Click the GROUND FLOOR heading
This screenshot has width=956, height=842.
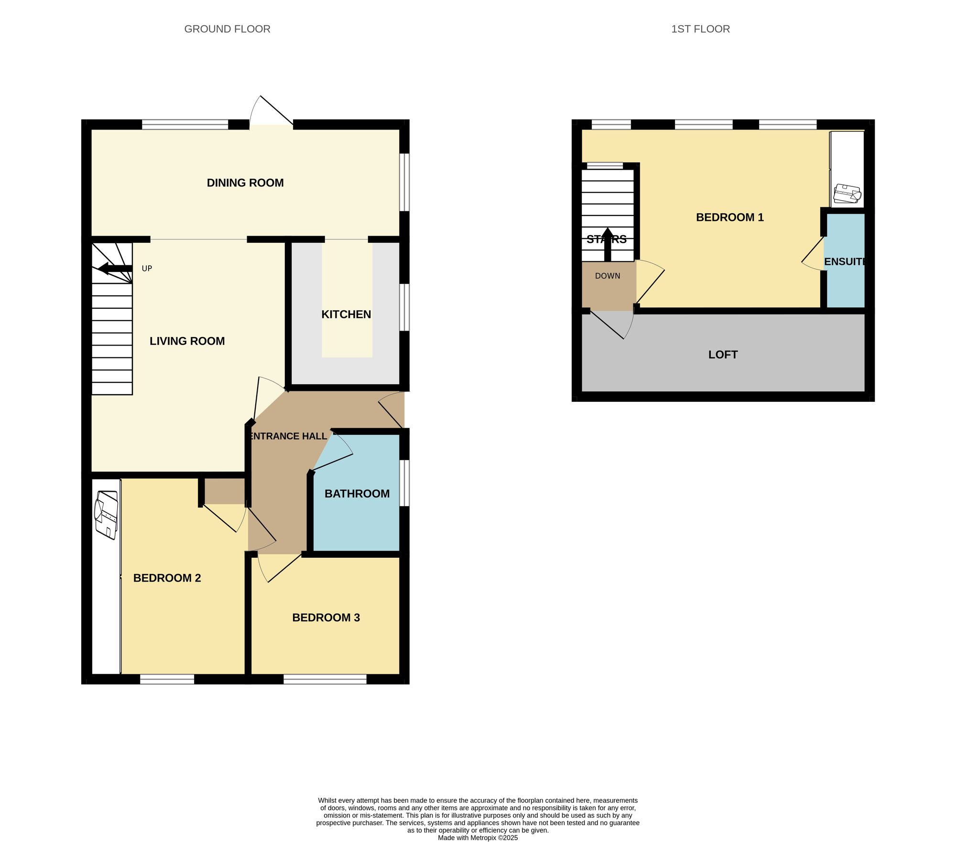[x=227, y=29]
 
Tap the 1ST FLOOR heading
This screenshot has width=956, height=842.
[x=700, y=29]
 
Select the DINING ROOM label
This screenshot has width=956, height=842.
[x=245, y=183]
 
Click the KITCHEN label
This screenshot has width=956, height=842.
[x=346, y=314]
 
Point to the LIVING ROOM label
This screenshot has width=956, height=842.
[x=187, y=341]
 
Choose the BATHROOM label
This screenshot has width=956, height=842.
[x=357, y=494]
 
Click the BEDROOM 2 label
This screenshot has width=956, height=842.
[x=167, y=578]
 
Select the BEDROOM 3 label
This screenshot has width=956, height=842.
[x=326, y=617]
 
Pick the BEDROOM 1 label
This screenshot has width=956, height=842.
[x=729, y=217]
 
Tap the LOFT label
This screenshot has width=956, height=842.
[x=723, y=355]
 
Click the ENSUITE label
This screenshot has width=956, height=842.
[x=845, y=262]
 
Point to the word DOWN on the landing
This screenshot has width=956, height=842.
[x=608, y=276]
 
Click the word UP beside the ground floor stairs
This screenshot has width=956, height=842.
[x=147, y=269]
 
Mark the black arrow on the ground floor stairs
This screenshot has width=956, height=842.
[x=115, y=269]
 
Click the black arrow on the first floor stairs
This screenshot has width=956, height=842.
[x=608, y=244]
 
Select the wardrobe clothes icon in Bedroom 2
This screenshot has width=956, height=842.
[x=106, y=515]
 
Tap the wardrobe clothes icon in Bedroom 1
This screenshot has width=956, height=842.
[x=847, y=194]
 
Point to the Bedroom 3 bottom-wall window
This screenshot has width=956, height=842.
[x=325, y=679]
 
